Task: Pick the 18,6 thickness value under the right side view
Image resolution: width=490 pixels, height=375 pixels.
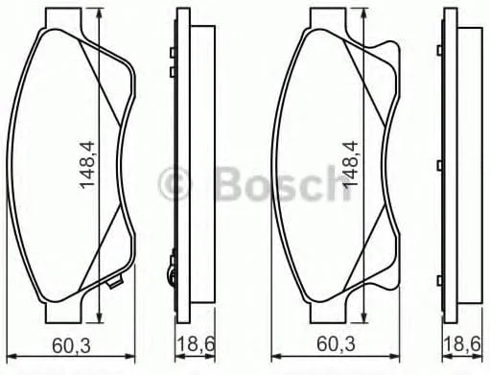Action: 462,344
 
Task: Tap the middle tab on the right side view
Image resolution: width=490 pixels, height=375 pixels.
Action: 440,165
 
